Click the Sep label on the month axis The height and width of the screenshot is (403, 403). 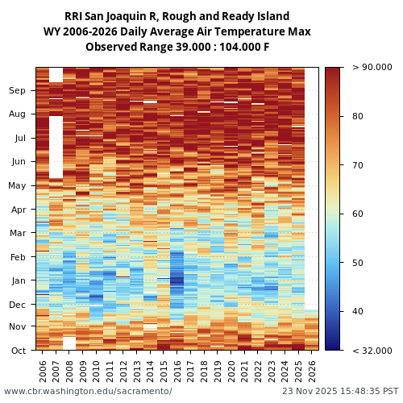[x=18, y=91]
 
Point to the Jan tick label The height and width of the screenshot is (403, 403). [x=18, y=280]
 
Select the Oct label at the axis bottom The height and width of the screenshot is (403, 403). [x=18, y=351]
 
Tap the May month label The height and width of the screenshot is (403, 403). [x=18, y=186]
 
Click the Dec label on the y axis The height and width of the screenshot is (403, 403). [x=18, y=305]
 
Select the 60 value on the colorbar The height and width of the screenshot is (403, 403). [x=357, y=214]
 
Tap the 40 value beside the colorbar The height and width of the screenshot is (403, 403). [x=357, y=312]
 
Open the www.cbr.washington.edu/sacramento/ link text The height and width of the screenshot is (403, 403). [x=88, y=392]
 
